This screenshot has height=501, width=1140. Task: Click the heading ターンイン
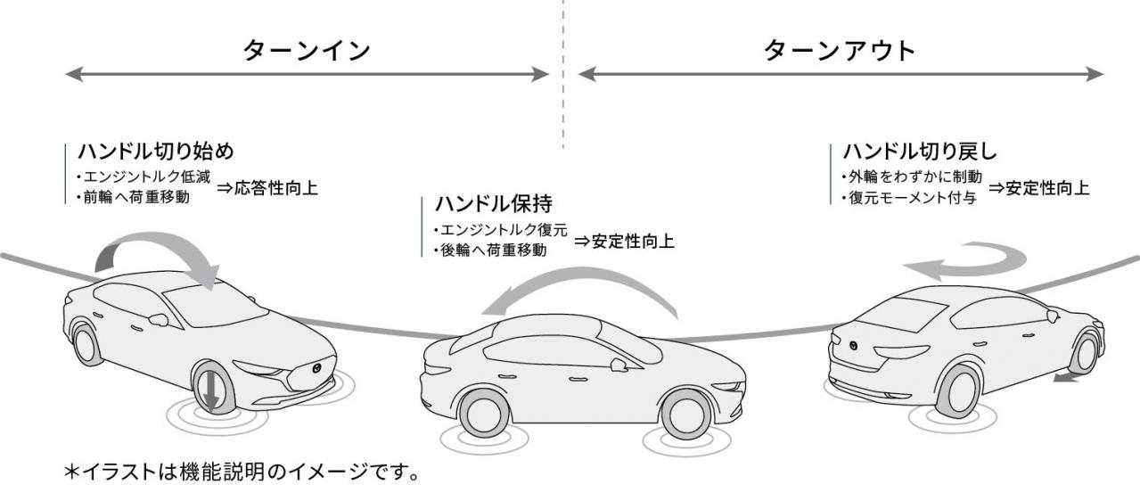pyautogui.click(x=306, y=51)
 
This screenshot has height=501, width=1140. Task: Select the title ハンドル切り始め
pyautogui.click(x=155, y=149)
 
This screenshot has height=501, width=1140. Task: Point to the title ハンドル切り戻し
pyautogui.click(x=914, y=151)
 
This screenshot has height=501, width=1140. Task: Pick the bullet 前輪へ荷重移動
pyautogui.click(x=134, y=197)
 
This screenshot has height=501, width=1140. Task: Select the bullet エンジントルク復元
pyautogui.click(x=500, y=229)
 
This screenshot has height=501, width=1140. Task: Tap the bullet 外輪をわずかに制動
pyautogui.click(x=910, y=177)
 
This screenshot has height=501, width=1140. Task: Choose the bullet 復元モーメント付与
pyautogui.click(x=908, y=199)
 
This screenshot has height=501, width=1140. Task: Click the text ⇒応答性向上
pyautogui.click(x=267, y=188)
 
